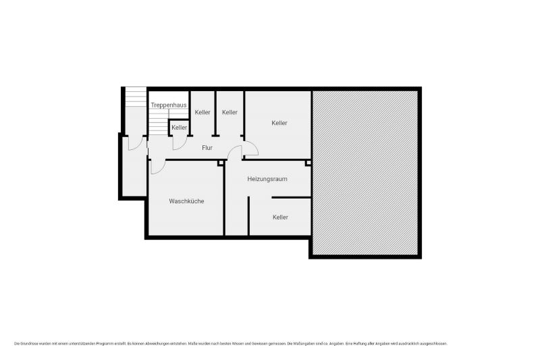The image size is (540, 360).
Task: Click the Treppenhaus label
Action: pyautogui.click(x=169, y=105)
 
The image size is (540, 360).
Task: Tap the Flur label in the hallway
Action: pyautogui.click(x=207, y=148)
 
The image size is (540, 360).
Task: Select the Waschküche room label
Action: pyautogui.click(x=186, y=201)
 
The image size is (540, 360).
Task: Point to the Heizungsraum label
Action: pyautogui.click(x=267, y=179)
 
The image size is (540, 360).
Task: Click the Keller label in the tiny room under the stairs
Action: pyautogui.click(x=179, y=128)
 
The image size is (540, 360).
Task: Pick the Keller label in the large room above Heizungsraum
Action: pyautogui.click(x=279, y=123)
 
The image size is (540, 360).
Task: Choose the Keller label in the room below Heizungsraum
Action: pyautogui.click(x=280, y=217)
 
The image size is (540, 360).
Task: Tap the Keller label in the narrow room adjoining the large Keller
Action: pyautogui.click(x=230, y=112)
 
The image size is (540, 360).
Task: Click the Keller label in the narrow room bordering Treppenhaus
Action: pyautogui.click(x=202, y=112)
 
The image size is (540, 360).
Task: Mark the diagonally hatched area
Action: pyautogui.click(x=365, y=173)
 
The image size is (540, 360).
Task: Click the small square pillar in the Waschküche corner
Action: pyautogui.click(x=221, y=163)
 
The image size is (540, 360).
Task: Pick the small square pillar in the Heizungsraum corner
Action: pyautogui.click(x=308, y=163)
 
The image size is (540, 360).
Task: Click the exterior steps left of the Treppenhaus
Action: pyautogui.click(x=136, y=97)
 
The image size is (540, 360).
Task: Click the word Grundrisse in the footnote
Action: pyautogui.click(x=29, y=344)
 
